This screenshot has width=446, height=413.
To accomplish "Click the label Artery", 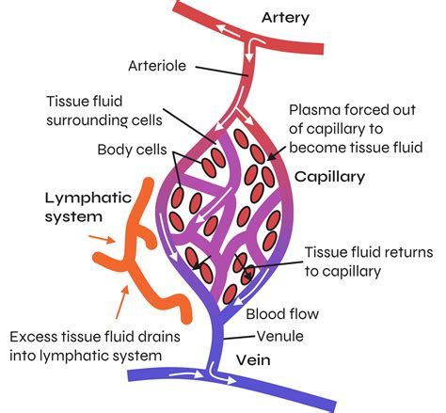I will pyautogui.click(x=285, y=18).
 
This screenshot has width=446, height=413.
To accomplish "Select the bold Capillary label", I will pyautogui.click(x=328, y=176).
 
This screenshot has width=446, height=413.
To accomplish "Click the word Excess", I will pyautogui.click(x=35, y=337).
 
